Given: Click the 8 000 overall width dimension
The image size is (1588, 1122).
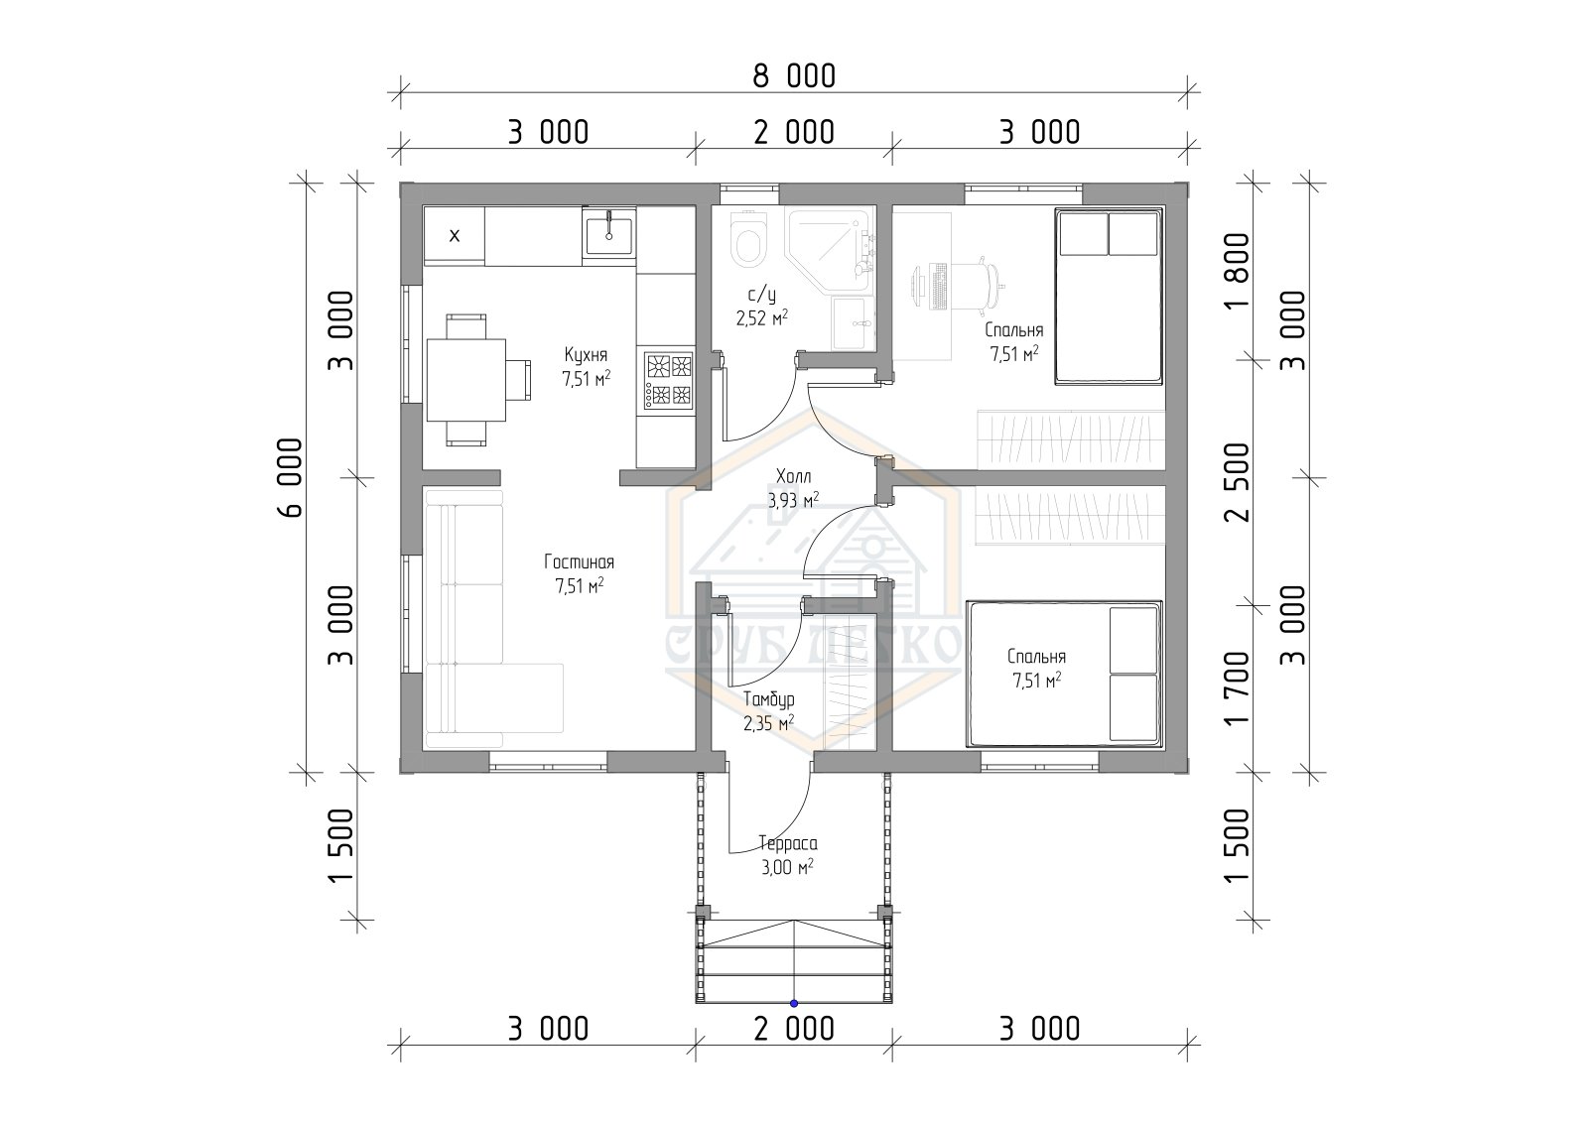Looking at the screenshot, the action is point(794,76).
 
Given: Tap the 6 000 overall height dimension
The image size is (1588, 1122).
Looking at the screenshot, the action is point(291,478).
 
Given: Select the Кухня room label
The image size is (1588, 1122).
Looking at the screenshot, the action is point(586,354).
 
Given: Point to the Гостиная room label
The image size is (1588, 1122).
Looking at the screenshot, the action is point(580,562).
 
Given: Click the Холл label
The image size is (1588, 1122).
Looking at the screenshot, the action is point(793,475).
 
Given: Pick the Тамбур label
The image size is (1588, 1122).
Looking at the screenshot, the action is point(768,699).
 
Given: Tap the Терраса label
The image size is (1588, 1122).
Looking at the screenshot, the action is point(788,843).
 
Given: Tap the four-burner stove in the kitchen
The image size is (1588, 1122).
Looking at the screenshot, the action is point(669,381).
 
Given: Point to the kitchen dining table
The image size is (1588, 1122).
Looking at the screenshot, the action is point(465,381).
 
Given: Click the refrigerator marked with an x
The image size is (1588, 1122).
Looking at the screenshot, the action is point(455,236).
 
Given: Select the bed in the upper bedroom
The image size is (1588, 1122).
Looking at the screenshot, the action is point(1110,297).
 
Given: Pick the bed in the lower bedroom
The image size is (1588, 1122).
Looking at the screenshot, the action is point(1065,674).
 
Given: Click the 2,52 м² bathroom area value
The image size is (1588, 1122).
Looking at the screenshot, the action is point(762,317).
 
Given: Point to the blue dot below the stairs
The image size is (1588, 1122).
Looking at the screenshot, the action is point(794,1003).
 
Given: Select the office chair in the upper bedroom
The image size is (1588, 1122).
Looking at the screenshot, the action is point(973,285).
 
